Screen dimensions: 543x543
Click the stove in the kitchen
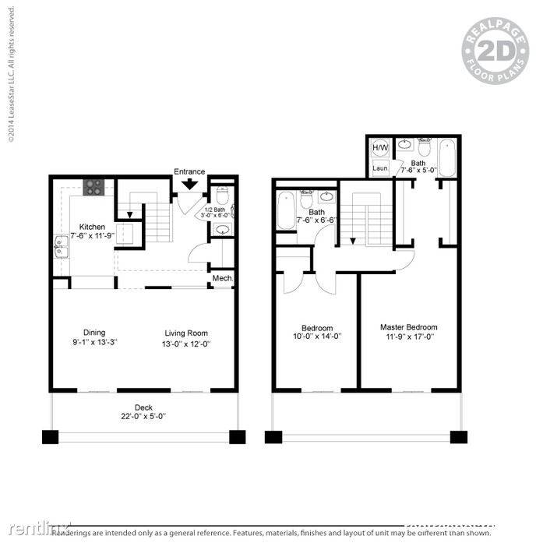[94, 187]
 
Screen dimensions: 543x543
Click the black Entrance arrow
[189, 184]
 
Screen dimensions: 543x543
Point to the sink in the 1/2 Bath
[221, 229]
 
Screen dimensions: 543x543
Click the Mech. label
[223, 278]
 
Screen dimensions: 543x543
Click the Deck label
[143, 406]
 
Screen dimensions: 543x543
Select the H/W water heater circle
[381, 147]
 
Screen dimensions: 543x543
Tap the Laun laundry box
[381, 167]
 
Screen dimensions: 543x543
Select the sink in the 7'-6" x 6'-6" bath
[327, 196]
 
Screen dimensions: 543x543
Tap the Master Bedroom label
[408, 327]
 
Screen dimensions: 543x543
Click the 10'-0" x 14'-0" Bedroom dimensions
[317, 337]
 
